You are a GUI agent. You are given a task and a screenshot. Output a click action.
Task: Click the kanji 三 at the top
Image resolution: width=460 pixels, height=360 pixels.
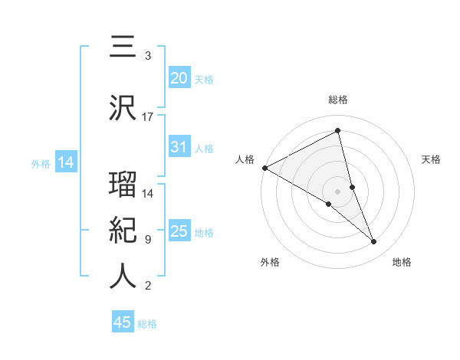(123, 47)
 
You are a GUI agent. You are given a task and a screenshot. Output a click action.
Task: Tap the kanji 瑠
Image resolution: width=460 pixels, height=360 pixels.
(123, 185)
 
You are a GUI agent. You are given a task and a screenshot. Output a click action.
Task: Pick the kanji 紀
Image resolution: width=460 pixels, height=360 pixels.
(123, 230)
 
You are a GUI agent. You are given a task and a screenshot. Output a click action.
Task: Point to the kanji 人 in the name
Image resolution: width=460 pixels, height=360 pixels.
(123, 277)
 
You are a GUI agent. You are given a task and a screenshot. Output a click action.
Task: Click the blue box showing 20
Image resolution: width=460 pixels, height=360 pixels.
(179, 78)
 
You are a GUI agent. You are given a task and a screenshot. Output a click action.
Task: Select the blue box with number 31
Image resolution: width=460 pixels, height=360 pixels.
(179, 147)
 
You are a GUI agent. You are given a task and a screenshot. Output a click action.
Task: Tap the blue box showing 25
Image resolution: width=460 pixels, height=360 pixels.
(179, 231)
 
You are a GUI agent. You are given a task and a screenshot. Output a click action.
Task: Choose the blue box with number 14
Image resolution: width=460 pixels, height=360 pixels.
(65, 162)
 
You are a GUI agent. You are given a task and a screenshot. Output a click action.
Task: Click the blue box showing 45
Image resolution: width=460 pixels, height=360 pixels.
(123, 322)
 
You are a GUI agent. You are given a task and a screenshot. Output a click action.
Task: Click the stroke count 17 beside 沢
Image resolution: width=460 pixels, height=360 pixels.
(148, 117)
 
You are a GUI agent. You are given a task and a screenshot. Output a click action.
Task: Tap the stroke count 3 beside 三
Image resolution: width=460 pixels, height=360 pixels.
(147, 56)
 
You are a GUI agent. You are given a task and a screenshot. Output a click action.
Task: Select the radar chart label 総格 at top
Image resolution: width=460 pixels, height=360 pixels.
(338, 100)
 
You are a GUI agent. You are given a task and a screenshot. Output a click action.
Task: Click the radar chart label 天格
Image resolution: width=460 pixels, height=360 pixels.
(432, 159)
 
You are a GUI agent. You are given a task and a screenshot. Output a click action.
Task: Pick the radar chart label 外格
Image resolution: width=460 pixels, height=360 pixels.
(270, 262)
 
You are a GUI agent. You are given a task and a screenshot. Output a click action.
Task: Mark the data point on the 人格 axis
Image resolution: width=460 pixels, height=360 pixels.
(264, 167)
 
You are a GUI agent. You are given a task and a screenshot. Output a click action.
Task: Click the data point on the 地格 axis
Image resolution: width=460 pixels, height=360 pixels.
(374, 242)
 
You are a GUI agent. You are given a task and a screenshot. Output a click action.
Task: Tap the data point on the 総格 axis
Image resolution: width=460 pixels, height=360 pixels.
(338, 131)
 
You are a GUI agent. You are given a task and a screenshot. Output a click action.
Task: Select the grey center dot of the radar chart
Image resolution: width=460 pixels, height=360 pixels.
(337, 191)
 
